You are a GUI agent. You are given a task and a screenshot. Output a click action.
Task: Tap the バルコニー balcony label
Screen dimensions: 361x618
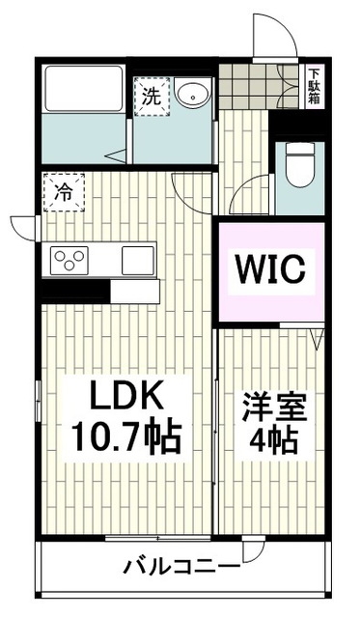tap(180, 567)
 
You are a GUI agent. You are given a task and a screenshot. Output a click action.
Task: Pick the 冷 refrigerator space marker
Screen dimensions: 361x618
tap(63, 192)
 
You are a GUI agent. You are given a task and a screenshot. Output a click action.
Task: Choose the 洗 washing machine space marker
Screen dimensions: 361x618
tap(153, 96)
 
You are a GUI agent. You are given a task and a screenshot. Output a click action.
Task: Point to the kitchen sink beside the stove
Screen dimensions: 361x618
tap(137, 259)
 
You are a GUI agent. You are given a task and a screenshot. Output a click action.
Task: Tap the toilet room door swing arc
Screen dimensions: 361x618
tap(250, 193)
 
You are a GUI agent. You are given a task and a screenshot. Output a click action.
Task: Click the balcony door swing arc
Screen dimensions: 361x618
tap(254, 555)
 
